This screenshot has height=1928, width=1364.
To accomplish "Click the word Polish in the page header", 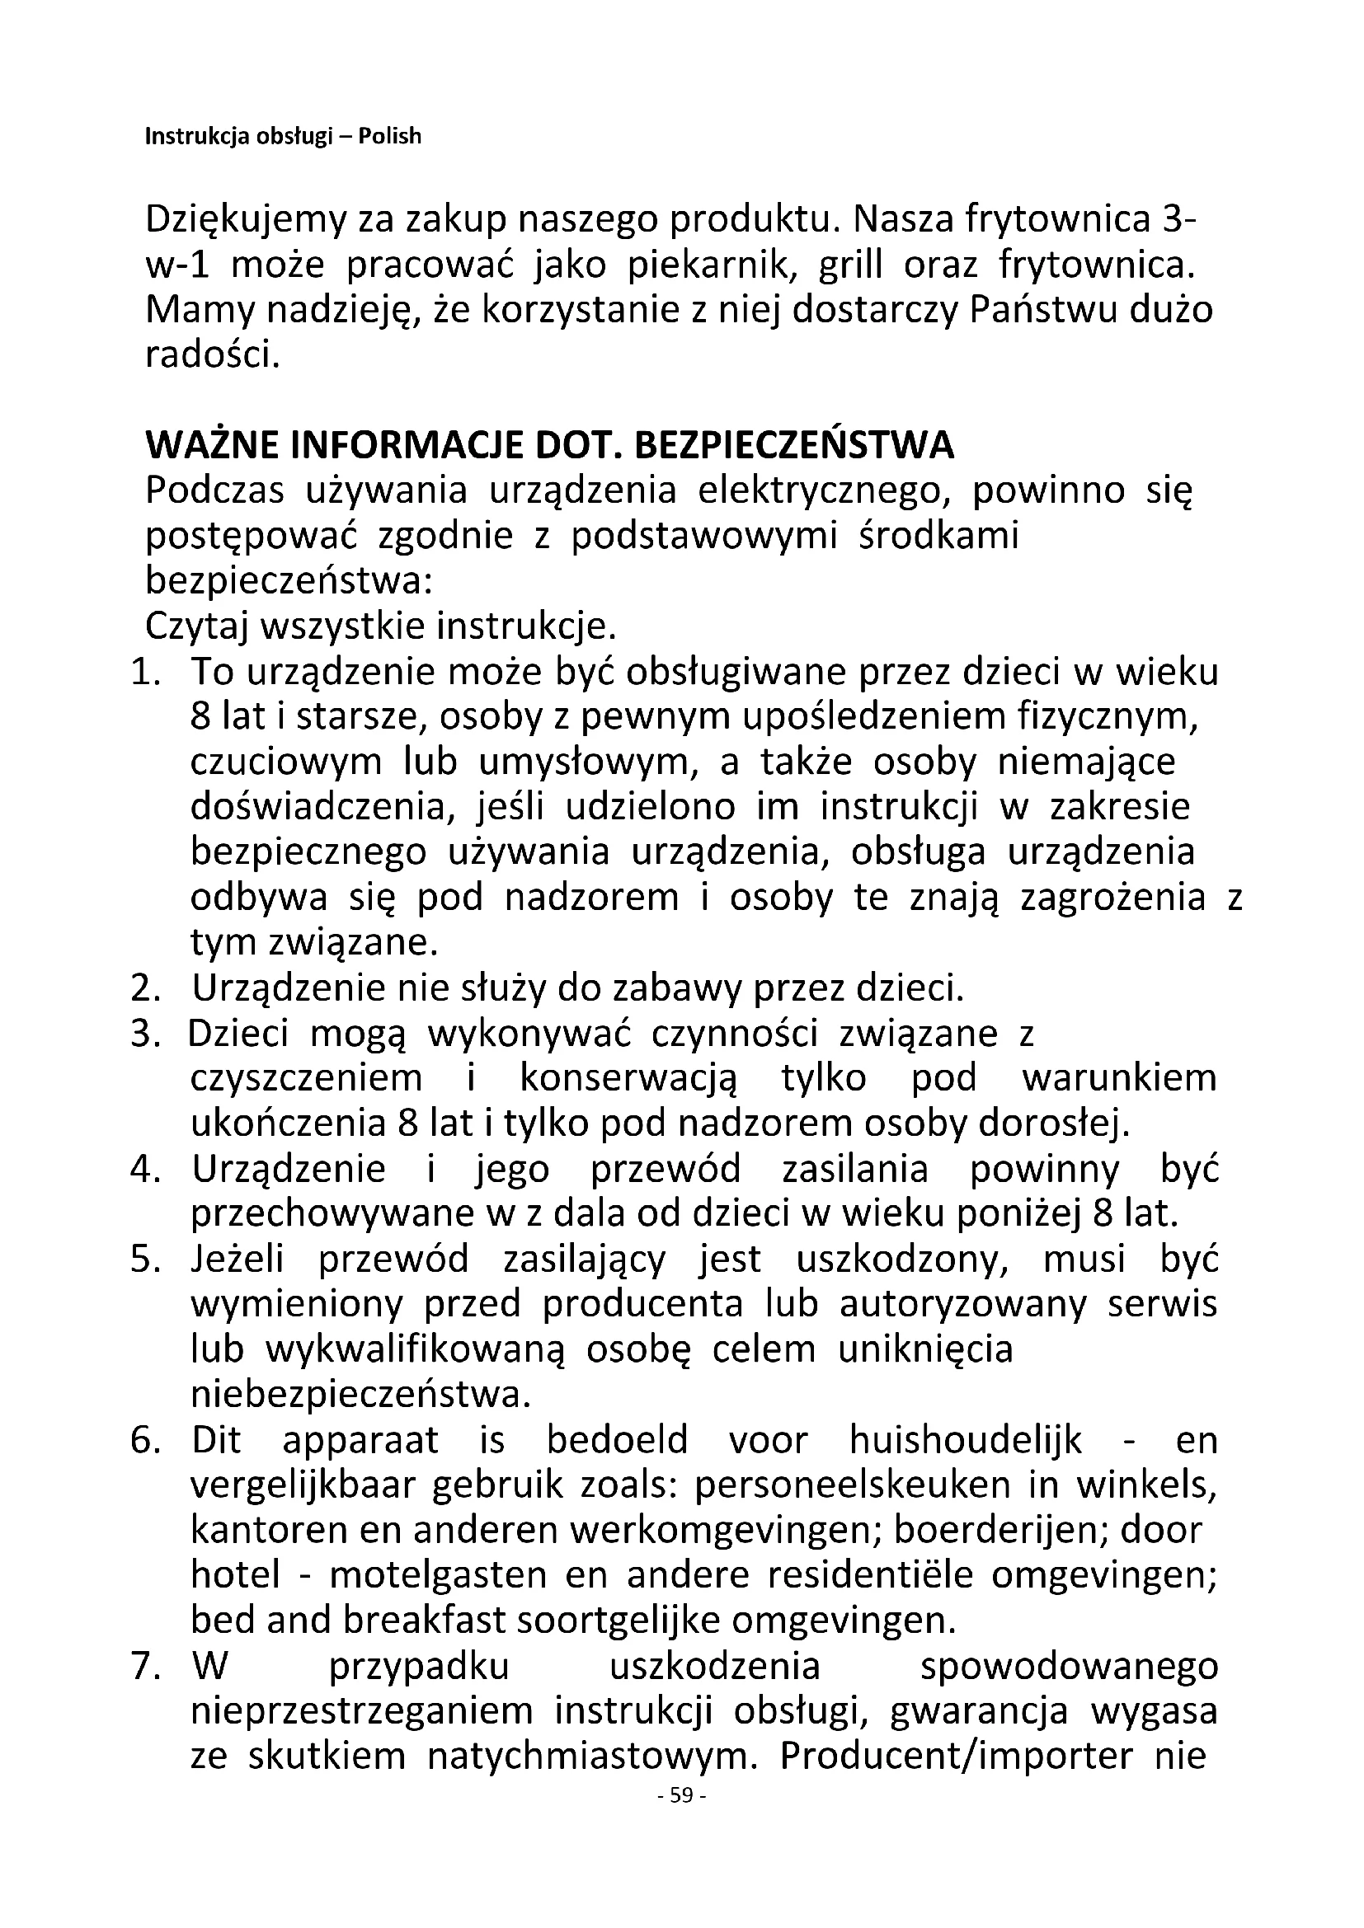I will click(390, 136).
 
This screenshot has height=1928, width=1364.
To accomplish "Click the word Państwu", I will click(1025, 312).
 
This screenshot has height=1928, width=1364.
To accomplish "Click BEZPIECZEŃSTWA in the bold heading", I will click(793, 446).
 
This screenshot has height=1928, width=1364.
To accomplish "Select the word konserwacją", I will click(629, 1078).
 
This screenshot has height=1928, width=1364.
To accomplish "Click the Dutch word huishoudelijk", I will click(966, 1441).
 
